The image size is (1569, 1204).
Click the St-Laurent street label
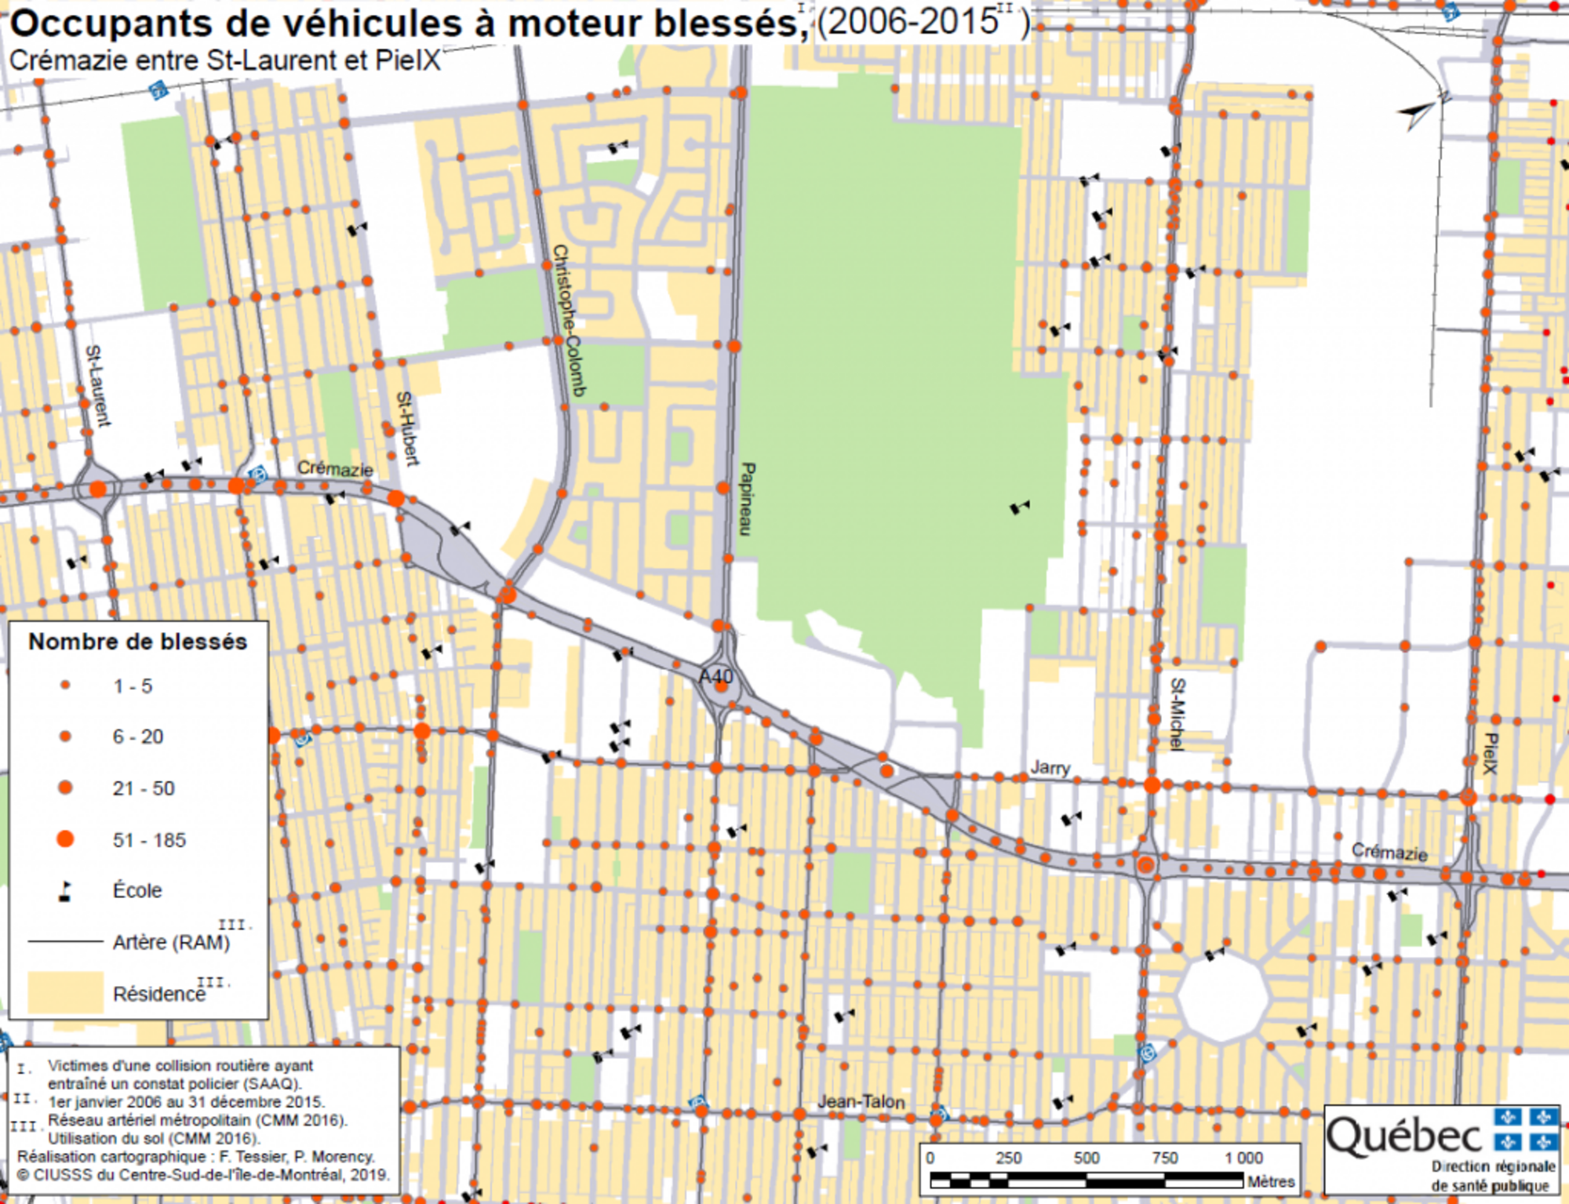[x=97, y=386]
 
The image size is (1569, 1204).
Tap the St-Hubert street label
[x=407, y=428]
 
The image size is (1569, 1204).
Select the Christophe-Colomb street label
[x=569, y=320]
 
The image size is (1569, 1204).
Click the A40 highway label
[x=715, y=676]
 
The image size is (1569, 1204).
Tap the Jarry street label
[x=1050, y=767]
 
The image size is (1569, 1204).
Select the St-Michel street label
[x=1177, y=714]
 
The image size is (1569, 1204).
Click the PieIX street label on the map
[x=1491, y=753]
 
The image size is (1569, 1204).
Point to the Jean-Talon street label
[x=861, y=1101]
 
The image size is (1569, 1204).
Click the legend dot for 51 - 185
[x=66, y=839]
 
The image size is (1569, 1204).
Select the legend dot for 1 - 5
[x=66, y=686]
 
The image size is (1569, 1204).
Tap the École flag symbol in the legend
[x=66, y=891]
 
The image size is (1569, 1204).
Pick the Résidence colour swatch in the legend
[x=66, y=992]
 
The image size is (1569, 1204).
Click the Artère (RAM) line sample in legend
[x=66, y=941]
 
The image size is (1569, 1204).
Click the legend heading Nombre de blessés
[x=138, y=642]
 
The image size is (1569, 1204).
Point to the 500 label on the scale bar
[x=1087, y=1158]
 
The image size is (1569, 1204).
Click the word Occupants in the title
[x=111, y=24]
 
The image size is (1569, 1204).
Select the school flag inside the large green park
[x=1019, y=508]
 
